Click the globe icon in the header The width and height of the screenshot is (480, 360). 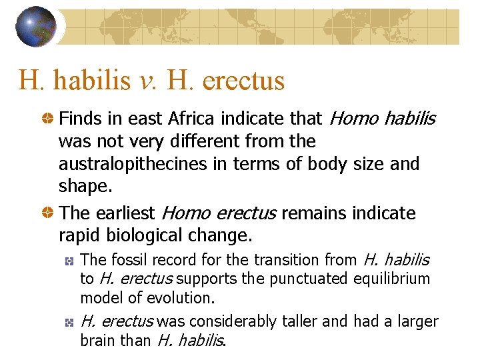pos(36,27)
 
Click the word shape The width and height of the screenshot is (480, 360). pos(84,186)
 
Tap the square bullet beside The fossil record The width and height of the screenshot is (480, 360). pos(69,260)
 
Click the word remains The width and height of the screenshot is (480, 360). pos(311,213)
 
